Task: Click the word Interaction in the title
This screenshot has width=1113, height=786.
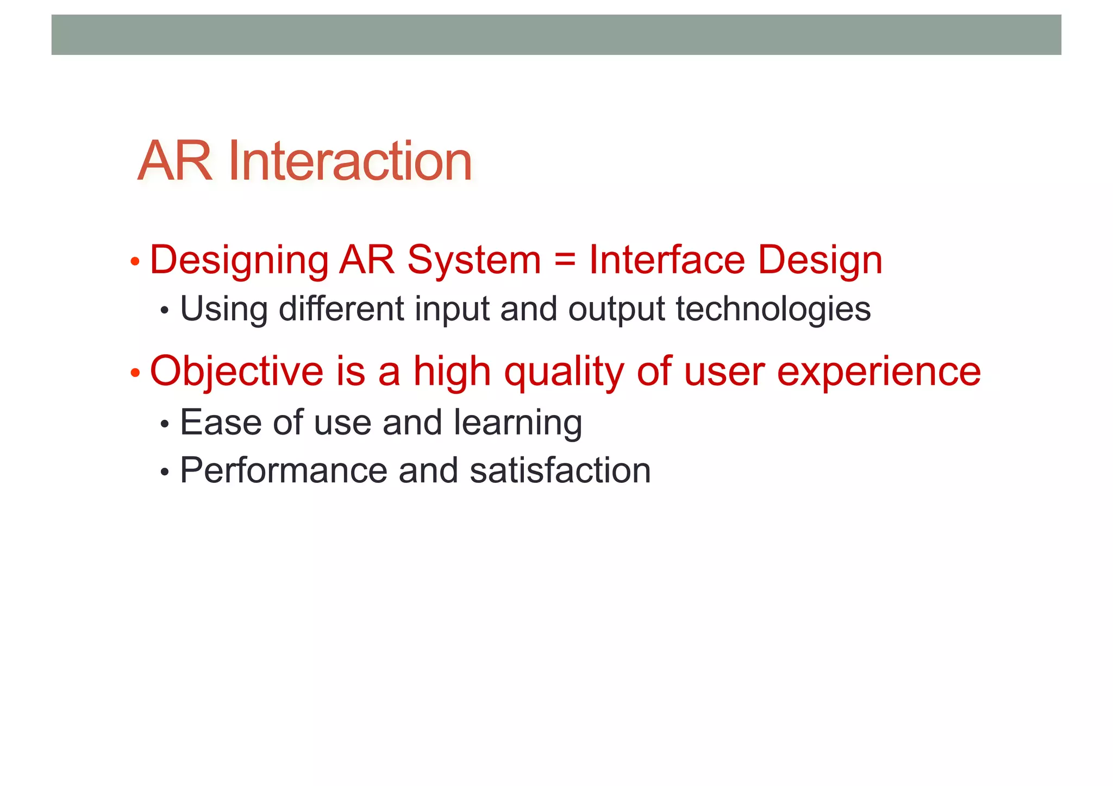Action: [x=350, y=161]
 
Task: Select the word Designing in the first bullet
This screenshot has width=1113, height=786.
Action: [x=239, y=261]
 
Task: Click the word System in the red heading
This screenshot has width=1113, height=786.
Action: [x=474, y=261]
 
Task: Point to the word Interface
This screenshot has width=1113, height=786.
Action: [x=667, y=260]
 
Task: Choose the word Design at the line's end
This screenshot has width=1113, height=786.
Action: [x=820, y=261]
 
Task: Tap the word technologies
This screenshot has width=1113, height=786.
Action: [x=773, y=310]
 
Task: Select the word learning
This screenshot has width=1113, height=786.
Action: [x=517, y=423]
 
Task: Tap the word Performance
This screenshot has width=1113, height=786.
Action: [x=283, y=470]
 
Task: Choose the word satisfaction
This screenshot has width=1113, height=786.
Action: [x=560, y=470]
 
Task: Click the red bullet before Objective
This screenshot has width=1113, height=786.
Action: [x=135, y=374]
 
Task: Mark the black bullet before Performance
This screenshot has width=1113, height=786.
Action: [x=165, y=472]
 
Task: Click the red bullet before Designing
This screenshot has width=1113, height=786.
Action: [x=135, y=262]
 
